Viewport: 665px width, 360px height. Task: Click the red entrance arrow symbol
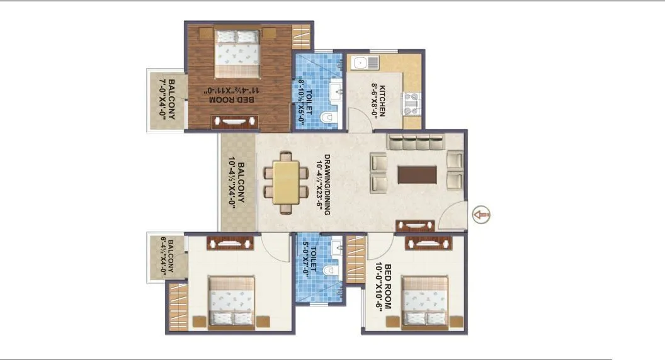pyautogui.click(x=481, y=214)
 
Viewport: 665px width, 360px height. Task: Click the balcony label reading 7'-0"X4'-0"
pyautogui.click(x=166, y=99)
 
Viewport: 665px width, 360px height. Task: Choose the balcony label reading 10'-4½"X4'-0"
pyautogui.click(x=237, y=183)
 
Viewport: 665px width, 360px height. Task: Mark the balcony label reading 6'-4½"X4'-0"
pyautogui.click(x=166, y=257)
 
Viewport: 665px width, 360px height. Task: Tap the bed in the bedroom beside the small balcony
pyautogui.click(x=232, y=301)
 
